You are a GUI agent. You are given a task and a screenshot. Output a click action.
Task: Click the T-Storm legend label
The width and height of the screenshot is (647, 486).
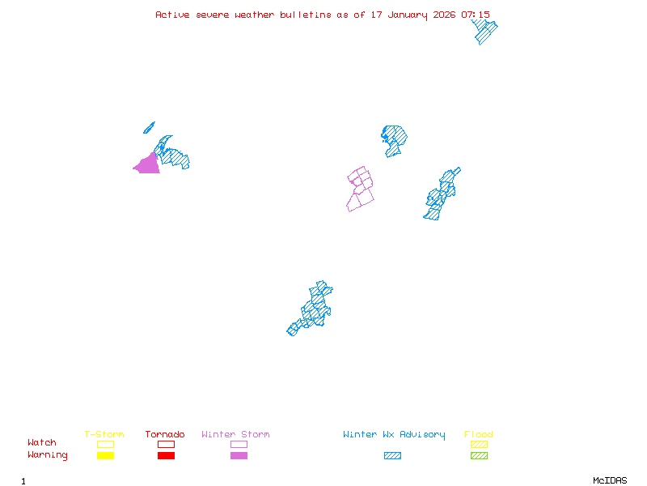(x=104, y=435)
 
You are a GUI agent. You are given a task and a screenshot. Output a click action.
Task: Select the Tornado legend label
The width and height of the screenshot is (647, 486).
(x=165, y=435)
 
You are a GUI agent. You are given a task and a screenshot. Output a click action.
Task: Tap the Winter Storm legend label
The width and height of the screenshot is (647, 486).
(x=235, y=435)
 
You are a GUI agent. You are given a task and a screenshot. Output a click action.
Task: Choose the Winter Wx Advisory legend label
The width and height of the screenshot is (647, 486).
(x=394, y=435)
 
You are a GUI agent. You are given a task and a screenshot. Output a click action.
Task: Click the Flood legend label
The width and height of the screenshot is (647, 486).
(x=479, y=435)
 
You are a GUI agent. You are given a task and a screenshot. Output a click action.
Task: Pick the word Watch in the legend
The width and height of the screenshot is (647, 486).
(x=42, y=443)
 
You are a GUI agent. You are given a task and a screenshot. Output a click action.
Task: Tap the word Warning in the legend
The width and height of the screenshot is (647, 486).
(x=48, y=455)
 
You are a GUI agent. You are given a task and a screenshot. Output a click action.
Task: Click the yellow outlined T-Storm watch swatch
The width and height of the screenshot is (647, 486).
(x=105, y=444)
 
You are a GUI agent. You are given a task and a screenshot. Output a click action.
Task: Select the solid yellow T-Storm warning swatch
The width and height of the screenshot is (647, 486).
(x=105, y=456)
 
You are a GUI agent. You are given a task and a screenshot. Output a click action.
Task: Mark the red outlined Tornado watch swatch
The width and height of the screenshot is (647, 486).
(x=166, y=444)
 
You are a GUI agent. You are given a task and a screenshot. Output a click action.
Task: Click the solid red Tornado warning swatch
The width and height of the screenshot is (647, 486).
(x=166, y=456)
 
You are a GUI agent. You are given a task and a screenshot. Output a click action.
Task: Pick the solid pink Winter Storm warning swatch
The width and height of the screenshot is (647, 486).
(x=239, y=456)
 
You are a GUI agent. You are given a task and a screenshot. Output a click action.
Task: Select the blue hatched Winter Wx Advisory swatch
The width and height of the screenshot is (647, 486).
(x=392, y=456)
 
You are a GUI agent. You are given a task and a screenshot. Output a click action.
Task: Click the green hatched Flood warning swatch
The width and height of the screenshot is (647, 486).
(x=479, y=456)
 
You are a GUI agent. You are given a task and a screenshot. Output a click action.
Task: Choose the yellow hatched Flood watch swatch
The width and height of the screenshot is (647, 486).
(x=479, y=444)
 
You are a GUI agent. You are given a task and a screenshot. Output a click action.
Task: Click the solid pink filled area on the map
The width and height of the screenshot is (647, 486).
(x=148, y=165)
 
